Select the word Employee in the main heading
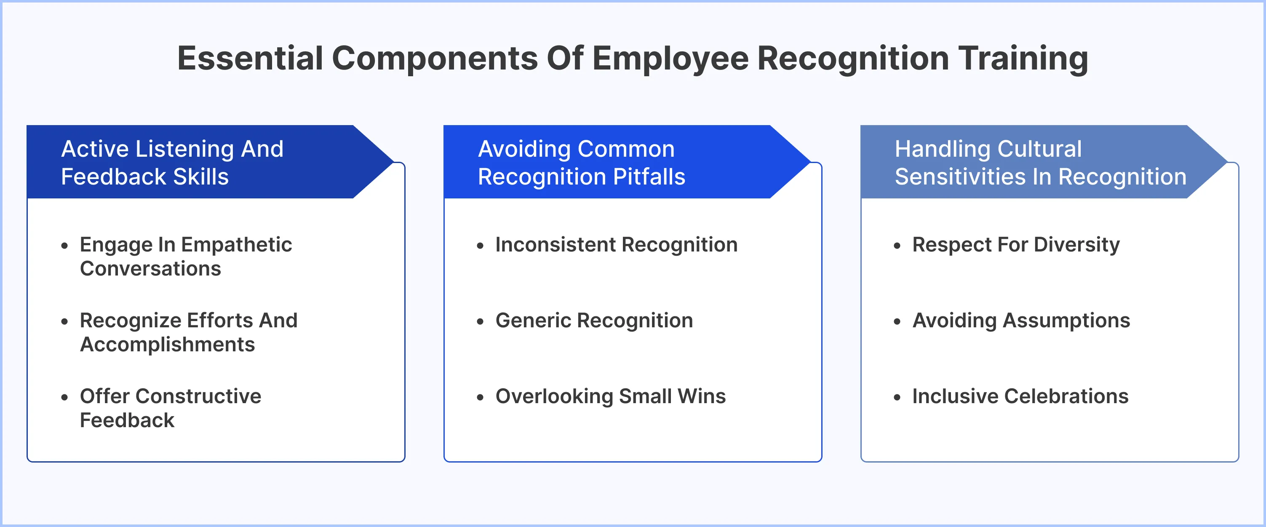tap(670, 58)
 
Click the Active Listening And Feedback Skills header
tap(172, 162)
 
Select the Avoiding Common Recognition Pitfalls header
tap(581, 162)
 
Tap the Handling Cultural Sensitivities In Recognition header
tap(1040, 162)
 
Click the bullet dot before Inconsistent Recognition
tap(480, 245)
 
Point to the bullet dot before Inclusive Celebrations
tap(897, 397)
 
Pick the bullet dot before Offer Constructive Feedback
tap(64, 397)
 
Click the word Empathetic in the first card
tap(236, 245)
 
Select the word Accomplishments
tap(167, 345)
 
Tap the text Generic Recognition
tap(594, 321)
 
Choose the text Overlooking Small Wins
tap(610, 396)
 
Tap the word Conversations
tap(150, 269)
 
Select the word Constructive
tap(205, 396)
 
